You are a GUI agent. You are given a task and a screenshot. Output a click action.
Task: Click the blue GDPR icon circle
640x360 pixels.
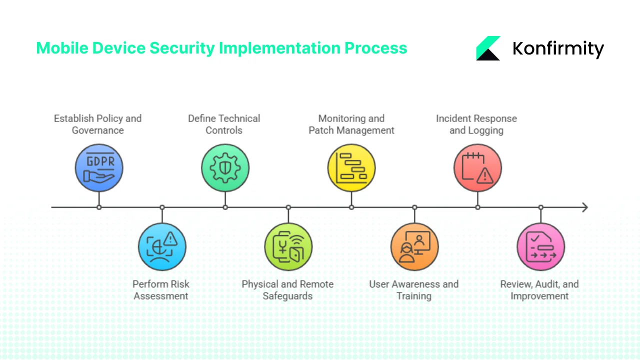99,168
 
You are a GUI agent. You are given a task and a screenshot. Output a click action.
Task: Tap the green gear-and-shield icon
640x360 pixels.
225,168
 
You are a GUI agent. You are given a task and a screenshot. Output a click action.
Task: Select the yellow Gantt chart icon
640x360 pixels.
351,168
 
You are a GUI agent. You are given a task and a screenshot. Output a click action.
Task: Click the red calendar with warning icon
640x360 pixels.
477,168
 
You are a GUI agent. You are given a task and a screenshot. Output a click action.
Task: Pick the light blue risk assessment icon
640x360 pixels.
162,246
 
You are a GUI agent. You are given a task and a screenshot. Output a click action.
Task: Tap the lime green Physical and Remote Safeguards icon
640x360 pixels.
288,246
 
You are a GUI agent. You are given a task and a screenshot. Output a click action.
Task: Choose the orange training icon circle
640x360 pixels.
414,246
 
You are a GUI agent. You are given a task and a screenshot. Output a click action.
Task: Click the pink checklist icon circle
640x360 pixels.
540,246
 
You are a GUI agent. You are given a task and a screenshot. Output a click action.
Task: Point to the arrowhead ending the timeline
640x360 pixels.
584,207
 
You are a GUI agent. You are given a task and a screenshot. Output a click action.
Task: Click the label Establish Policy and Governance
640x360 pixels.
98,124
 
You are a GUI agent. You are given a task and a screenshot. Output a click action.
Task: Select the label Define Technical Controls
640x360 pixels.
224,124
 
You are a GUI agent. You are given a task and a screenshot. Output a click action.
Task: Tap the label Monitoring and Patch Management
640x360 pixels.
351,124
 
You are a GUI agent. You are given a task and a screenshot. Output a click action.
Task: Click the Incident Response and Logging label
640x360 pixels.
476,124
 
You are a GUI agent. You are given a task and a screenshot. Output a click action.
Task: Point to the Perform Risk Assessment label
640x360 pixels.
161,290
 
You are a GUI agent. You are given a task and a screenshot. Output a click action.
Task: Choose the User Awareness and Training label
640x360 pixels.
414,290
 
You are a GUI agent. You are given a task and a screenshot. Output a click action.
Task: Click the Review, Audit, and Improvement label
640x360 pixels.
539,290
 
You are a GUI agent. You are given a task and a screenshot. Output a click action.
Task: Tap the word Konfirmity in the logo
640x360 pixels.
558,48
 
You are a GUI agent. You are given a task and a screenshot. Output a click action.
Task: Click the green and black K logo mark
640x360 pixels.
488,48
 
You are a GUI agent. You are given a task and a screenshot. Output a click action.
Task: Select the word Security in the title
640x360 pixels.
182,48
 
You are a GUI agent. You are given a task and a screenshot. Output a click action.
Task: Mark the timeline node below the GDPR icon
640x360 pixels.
99,207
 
